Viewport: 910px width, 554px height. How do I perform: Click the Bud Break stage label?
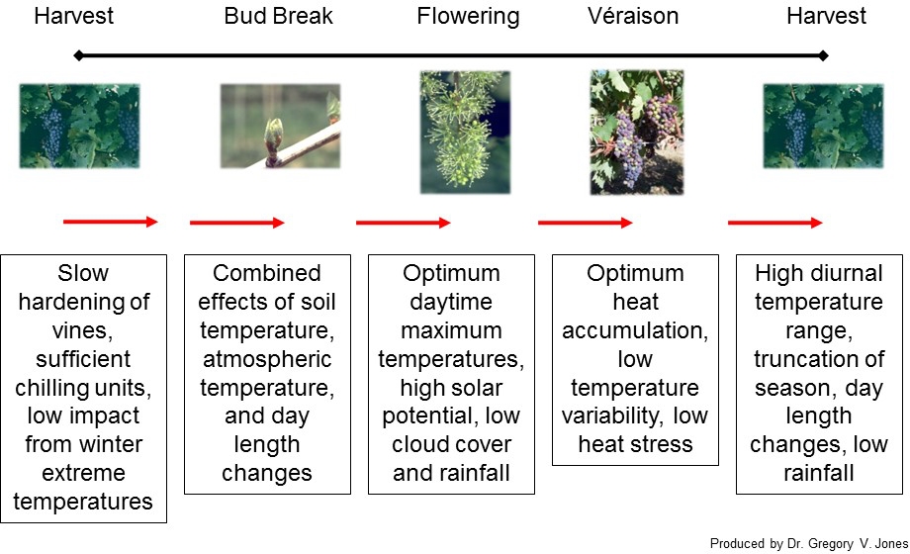[279, 16]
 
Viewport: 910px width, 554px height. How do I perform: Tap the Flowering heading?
[468, 17]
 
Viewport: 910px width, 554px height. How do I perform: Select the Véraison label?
[633, 16]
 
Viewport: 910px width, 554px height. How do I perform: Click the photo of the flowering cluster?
[466, 132]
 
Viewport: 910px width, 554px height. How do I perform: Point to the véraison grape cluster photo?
[637, 132]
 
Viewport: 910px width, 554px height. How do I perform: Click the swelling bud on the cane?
[273, 139]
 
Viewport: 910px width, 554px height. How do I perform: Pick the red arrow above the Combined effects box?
[236, 223]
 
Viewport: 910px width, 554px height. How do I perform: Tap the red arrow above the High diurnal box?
[775, 223]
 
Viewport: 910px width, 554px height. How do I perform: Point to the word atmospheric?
[267, 359]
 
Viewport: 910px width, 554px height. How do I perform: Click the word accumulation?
[635, 330]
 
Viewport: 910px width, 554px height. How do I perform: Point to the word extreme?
[83, 473]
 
